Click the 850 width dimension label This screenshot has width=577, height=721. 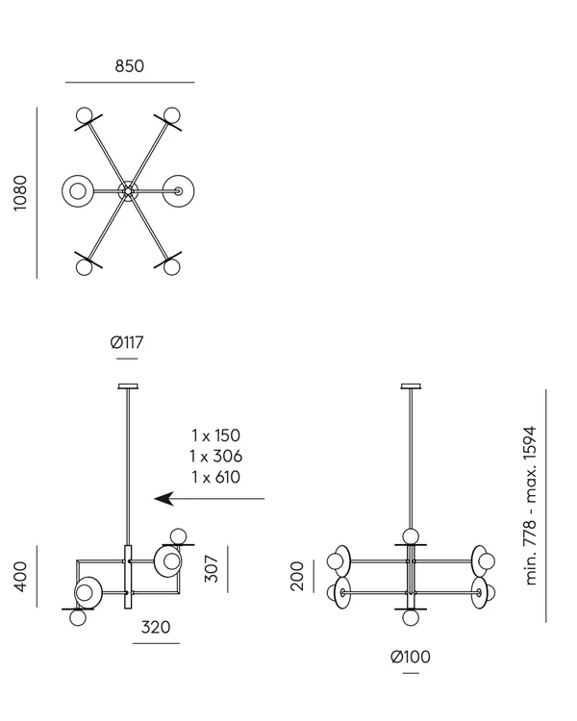coord(129,66)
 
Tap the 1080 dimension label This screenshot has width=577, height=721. coord(20,193)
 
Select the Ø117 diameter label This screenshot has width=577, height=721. coord(127,342)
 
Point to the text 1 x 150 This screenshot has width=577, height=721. coord(215,435)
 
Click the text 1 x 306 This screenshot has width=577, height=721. coord(215,456)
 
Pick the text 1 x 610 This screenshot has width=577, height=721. coord(215,477)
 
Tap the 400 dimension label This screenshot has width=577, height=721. coord(20,577)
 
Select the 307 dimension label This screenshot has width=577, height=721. coord(212,569)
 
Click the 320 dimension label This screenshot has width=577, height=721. coord(156,627)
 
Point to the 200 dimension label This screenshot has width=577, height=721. coord(297,576)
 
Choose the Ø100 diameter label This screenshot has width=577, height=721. coord(411,657)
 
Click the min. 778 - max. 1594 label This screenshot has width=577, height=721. coord(531,506)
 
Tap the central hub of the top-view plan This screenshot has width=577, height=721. coord(128,191)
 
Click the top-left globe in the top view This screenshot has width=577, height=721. coord(85,115)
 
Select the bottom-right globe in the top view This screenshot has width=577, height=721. coord(171,266)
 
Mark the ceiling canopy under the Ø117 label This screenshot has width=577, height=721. coord(128,386)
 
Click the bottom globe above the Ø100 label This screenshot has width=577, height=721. coord(411,617)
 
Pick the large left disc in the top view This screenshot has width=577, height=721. coord(77,191)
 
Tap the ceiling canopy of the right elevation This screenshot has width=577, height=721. coord(412,386)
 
